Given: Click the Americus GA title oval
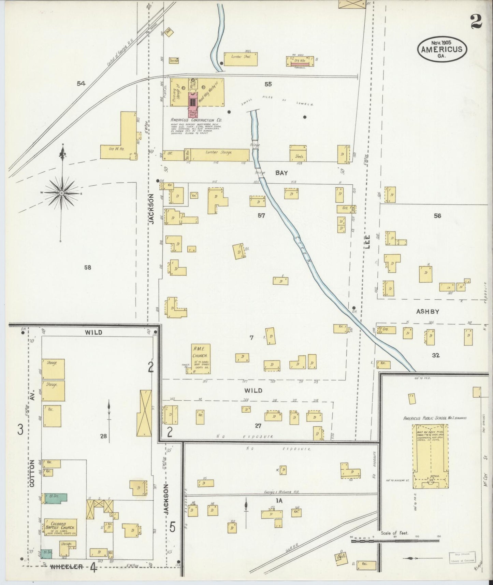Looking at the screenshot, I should pos(442,49).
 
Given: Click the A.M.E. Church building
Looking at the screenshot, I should pos(201,358).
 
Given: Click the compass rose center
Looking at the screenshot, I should pos(62,193).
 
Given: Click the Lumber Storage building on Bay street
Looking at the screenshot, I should pos(217,154).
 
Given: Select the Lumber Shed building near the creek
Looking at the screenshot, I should pos(241,59).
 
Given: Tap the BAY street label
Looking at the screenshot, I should pos(282,173).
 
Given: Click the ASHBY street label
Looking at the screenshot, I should pos(427,311).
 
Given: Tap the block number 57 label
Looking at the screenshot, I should pos(262,215).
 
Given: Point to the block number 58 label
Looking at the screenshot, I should pos(88,268).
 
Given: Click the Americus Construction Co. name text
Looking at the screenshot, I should pos(196,120).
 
